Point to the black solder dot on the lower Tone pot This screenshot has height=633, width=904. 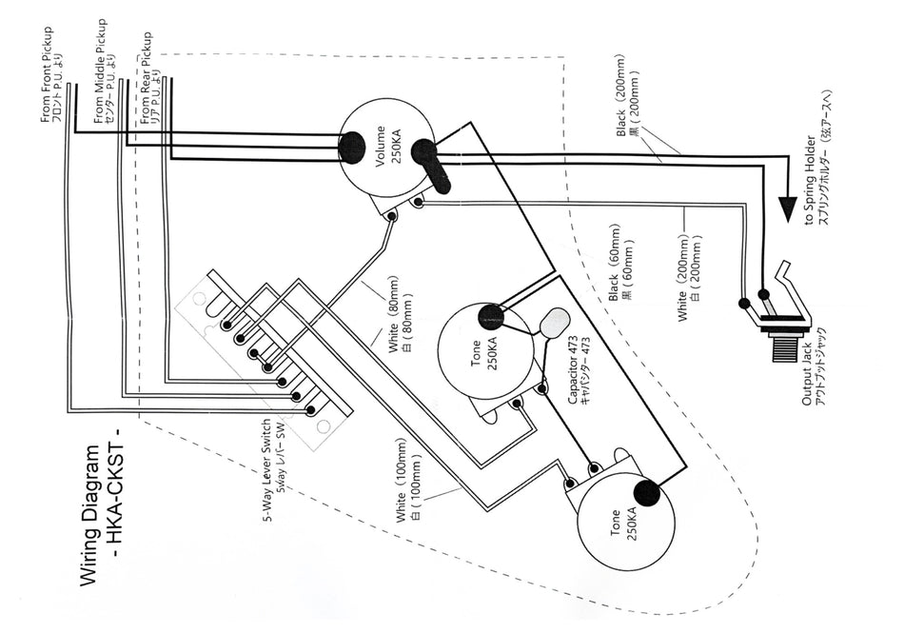coord(646,493)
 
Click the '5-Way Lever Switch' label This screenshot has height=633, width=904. coord(269,471)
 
